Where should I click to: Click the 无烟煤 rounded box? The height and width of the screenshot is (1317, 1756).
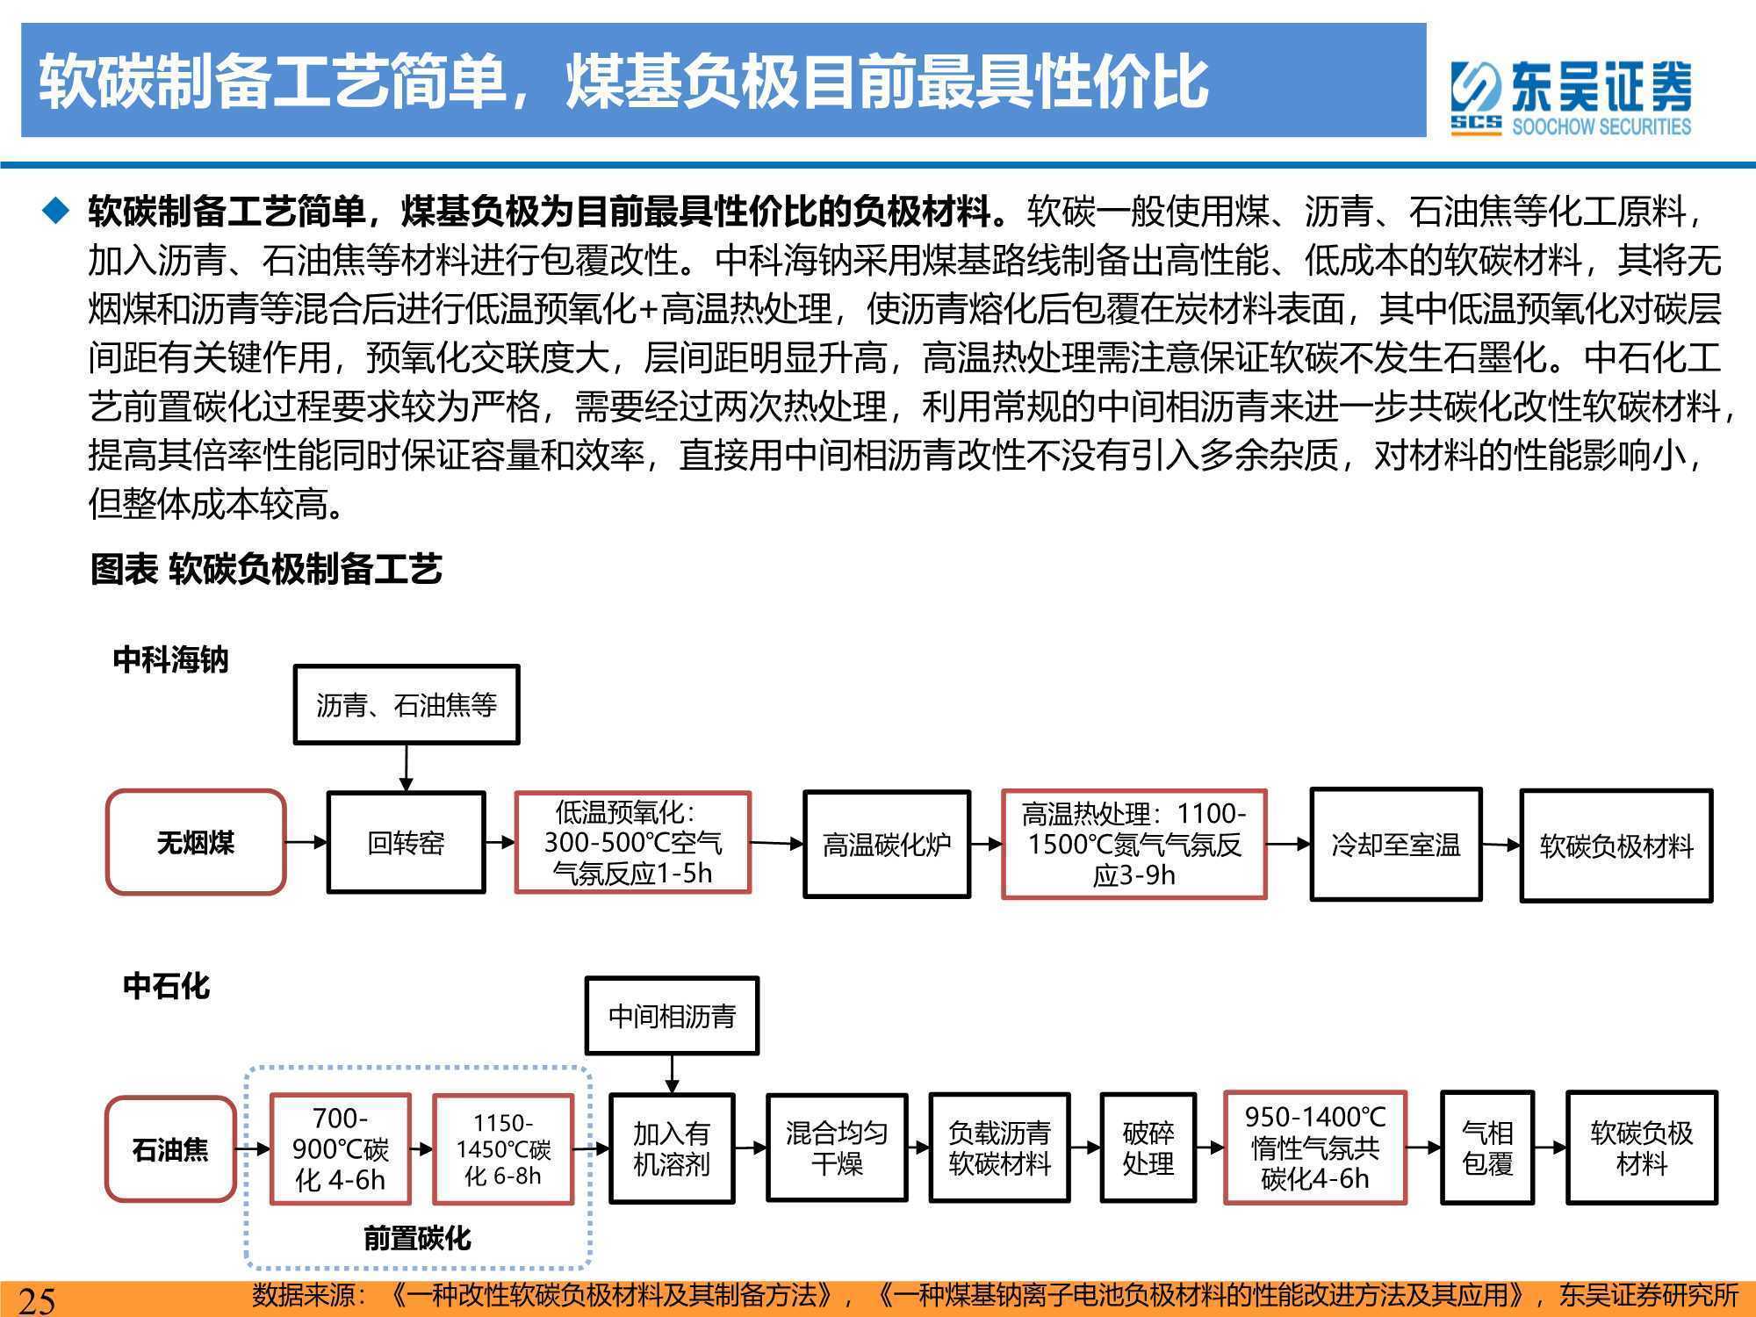196,843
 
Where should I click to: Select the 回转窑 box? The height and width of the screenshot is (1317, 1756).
406,843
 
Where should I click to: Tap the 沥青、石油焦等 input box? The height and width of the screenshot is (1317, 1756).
406,704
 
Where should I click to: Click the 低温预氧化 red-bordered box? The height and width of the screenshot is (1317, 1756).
632,843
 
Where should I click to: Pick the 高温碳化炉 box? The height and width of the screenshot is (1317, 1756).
887,845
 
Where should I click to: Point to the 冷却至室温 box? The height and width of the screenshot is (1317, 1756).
1396,845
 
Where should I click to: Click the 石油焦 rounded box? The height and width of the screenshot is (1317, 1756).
170,1149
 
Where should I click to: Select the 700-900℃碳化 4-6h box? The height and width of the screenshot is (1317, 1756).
340,1148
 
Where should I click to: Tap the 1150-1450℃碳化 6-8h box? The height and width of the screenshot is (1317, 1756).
503,1148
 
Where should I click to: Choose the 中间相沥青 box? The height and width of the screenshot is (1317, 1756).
672,1016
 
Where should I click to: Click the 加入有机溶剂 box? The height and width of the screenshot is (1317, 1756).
672,1148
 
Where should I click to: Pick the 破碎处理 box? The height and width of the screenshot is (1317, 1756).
1148,1148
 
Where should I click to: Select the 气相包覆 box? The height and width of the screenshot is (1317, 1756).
1487,1148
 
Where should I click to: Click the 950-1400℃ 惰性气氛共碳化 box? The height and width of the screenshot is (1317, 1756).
1314,1148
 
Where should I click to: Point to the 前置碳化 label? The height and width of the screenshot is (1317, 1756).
417,1239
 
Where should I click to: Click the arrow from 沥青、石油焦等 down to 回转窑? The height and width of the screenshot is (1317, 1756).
406,768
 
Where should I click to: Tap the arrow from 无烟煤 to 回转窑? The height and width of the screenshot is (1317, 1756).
306,843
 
